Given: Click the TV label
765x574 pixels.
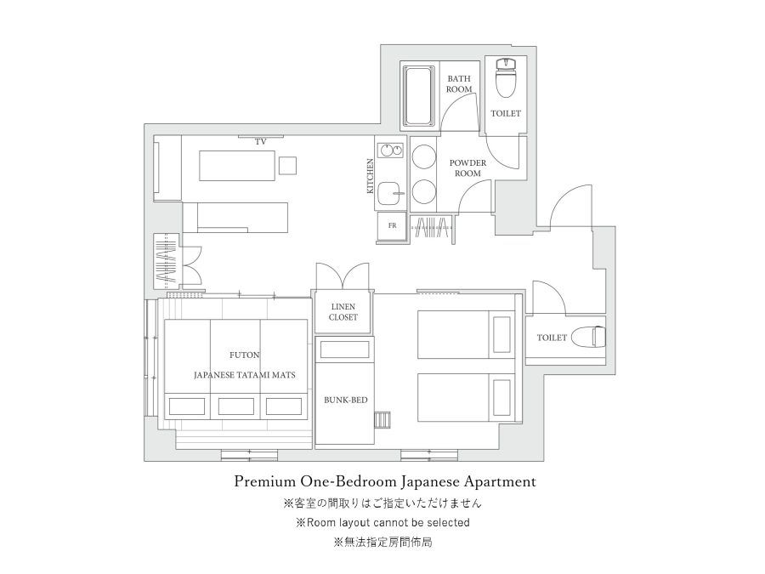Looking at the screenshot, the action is (261, 142).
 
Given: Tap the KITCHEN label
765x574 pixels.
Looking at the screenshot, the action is (371, 176).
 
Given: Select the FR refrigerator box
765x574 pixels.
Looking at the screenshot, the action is (392, 226).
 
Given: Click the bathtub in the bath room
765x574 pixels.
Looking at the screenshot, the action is (418, 95).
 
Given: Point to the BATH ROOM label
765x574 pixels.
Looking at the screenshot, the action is (459, 84).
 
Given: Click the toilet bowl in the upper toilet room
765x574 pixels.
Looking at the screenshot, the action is (506, 77).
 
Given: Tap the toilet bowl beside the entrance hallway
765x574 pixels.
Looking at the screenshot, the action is (588, 337).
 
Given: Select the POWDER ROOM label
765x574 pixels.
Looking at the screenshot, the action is (467, 168).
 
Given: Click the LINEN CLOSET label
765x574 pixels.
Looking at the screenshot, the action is (343, 312).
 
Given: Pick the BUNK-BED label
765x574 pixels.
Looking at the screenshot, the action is (346, 401).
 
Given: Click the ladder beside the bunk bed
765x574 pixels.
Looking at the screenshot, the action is (383, 420).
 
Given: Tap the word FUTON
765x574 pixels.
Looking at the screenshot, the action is (245, 355).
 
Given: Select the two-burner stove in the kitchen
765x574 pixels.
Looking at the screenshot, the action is (392, 151).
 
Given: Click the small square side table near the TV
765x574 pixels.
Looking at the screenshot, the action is (287, 165).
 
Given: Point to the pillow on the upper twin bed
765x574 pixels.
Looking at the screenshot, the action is (502, 334).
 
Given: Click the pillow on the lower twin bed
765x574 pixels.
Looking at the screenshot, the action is (502, 397).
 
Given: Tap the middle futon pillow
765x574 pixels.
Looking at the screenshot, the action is (235, 406).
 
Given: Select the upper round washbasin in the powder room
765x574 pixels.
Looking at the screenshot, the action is (423, 157).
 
